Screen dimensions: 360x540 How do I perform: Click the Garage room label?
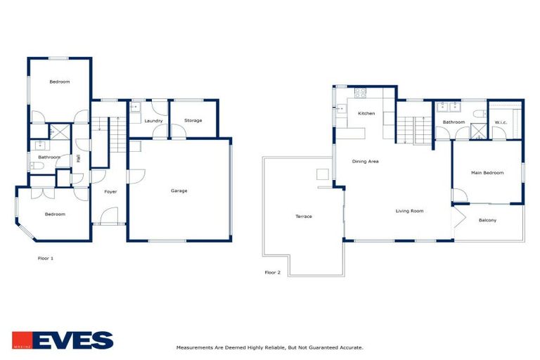(x=179, y=191)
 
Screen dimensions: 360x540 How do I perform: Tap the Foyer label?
(x=110, y=191)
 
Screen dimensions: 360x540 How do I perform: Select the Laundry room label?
(x=153, y=121)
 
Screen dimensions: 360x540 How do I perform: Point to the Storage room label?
(x=193, y=121)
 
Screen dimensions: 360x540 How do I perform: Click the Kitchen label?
(x=366, y=114)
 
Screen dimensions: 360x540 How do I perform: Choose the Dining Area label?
(x=366, y=162)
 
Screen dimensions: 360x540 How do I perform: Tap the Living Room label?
(x=409, y=211)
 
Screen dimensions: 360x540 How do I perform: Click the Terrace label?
(x=304, y=217)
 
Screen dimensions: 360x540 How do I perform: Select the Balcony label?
(x=487, y=221)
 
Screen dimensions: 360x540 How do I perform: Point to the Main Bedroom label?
(x=487, y=172)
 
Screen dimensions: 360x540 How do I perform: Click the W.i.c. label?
(x=501, y=123)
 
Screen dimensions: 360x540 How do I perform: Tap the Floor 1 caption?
(x=46, y=259)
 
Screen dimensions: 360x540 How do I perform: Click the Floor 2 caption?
(x=272, y=272)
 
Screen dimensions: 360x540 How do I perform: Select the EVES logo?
(x=63, y=340)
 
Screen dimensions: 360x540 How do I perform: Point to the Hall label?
(x=79, y=159)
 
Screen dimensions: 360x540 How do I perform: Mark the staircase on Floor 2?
(x=414, y=129)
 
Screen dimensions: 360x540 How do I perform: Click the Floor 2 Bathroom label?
(x=454, y=122)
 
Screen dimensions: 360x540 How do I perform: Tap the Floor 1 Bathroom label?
(x=49, y=157)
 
